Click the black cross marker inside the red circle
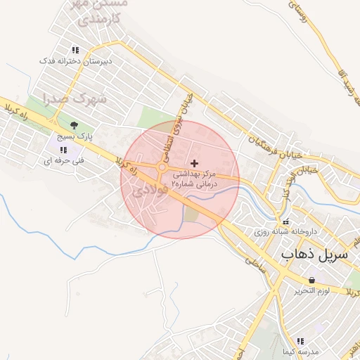195,163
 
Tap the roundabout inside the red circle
162,167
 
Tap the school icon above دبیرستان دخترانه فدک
75,50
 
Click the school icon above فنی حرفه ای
63,150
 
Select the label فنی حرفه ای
64,160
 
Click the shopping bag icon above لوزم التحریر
311,280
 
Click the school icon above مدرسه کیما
300,340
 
